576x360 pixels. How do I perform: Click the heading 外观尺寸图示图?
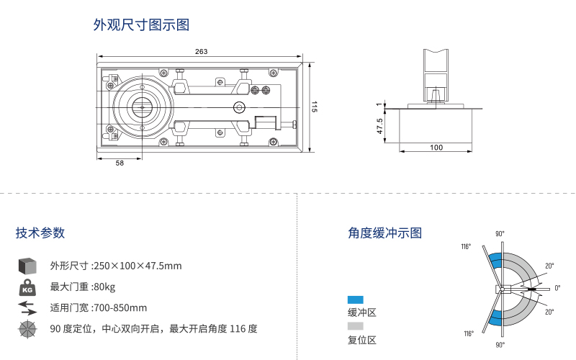pyautogui.click(x=141, y=25)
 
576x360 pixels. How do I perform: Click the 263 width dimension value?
pyautogui.click(x=201, y=51)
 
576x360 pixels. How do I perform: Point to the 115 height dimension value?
pyautogui.click(x=314, y=107)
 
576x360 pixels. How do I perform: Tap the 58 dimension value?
pyautogui.click(x=120, y=163)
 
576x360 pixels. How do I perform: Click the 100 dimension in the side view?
pyautogui.click(x=436, y=147)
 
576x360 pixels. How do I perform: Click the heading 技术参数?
pyautogui.click(x=40, y=233)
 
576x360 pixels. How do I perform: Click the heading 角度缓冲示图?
pyautogui.click(x=384, y=233)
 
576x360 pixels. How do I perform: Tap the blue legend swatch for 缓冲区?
pyautogui.click(x=356, y=300)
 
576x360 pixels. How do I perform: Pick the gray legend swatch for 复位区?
pyautogui.click(x=356, y=326)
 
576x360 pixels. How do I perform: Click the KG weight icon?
pyautogui.click(x=27, y=287)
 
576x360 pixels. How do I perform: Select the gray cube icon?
pyautogui.click(x=27, y=266)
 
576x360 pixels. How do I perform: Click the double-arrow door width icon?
pyautogui.click(x=27, y=308)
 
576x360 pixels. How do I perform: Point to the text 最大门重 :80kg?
pyautogui.click(x=83, y=287)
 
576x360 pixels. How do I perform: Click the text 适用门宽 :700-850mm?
pyautogui.click(x=99, y=308)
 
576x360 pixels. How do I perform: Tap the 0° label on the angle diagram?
pyautogui.click(x=557, y=288)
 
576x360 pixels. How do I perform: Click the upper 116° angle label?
pyautogui.click(x=467, y=247)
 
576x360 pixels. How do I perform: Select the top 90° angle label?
pyautogui.click(x=500, y=234)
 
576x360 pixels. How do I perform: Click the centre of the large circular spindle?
pyautogui.click(x=142, y=107)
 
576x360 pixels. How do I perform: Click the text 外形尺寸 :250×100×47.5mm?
pyautogui.click(x=116, y=266)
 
